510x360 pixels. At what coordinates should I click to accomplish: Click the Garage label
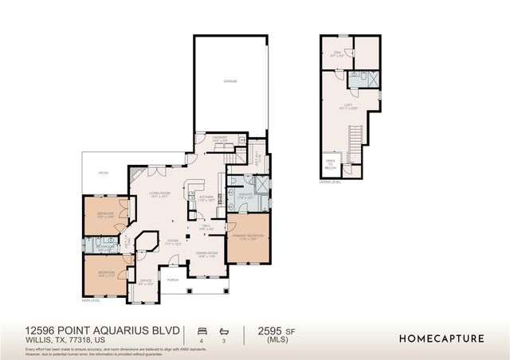click(x=230, y=81)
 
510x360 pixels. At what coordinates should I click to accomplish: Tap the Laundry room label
click(x=220, y=139)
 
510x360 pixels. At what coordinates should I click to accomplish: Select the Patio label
click(x=103, y=172)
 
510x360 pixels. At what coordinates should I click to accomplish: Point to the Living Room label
click(x=160, y=194)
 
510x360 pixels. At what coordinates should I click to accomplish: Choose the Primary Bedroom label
click(x=248, y=237)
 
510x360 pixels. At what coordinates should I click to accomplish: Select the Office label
click(x=145, y=281)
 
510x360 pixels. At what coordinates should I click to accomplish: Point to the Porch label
click(x=172, y=280)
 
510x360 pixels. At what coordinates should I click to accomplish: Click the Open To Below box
click(x=331, y=166)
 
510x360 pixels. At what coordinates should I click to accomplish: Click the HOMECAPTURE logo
click(x=441, y=338)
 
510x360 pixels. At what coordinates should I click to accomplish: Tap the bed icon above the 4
click(x=202, y=330)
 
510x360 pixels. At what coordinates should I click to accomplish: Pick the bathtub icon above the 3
click(x=224, y=330)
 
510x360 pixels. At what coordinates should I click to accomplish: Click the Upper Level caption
click(x=330, y=182)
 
